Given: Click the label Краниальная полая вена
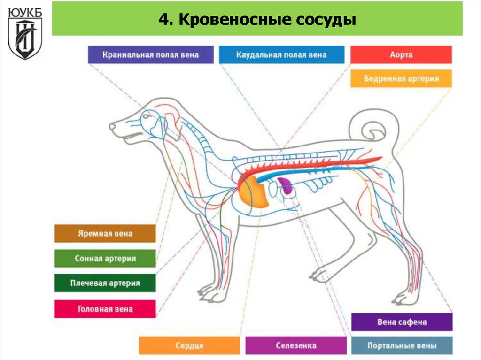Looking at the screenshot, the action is pos(151,54).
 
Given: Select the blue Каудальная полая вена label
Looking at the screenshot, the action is pos(281,54).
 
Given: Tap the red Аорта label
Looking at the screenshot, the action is pos(401,54).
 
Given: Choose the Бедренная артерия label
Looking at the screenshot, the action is pos(401,78).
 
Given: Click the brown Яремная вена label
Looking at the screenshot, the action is pos(105,233).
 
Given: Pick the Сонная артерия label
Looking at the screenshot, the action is pos(105,259).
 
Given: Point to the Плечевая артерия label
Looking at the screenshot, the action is pos(105,283).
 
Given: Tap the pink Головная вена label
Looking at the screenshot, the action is pos(105,309).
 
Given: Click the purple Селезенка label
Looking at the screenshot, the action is pos(295,345).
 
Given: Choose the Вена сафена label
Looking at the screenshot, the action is pos(402,322).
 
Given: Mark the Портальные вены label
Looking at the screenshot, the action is pos(402,346).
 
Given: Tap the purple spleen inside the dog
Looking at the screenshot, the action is pos(285,185).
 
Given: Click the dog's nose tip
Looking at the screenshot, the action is pos(112,126).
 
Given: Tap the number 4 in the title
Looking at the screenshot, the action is pos(163,21).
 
